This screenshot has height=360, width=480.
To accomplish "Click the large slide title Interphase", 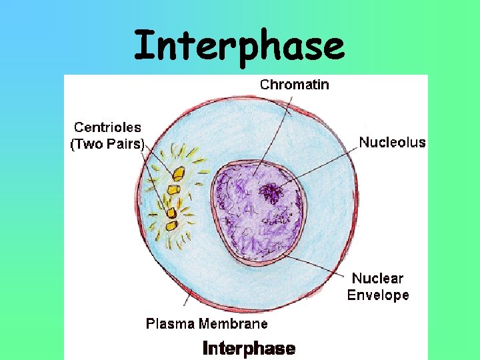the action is (239, 45).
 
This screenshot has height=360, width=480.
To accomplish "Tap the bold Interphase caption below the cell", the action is (248, 348).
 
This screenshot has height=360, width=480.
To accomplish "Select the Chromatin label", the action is (294, 85).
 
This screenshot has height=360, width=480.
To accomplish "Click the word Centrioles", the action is (107, 127).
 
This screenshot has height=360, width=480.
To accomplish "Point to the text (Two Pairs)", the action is (107, 143).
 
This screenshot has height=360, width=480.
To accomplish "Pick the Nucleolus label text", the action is (392, 142).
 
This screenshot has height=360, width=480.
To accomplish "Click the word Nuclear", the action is (377, 279).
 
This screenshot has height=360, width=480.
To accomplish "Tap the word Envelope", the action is (378, 295).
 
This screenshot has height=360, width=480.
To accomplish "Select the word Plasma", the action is (168, 324).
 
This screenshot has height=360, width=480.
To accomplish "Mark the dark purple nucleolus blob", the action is (271, 193).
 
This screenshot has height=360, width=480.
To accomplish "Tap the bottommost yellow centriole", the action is (171, 225).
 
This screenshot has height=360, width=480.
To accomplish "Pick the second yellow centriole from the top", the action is (173, 190).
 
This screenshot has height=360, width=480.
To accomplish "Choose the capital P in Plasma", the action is (150, 324).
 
